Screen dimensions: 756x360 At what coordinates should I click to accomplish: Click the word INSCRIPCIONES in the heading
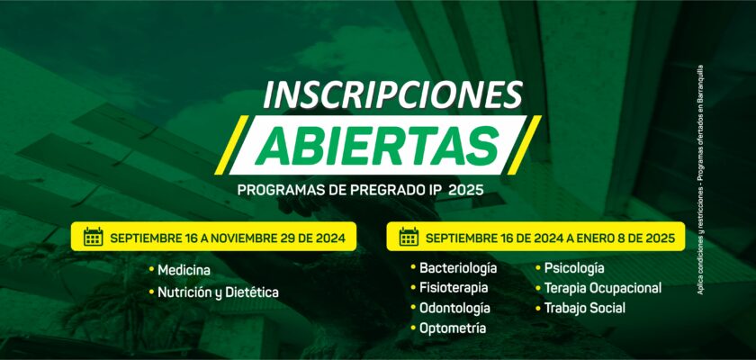392,94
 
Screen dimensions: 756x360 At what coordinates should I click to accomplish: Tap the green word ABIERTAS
376,146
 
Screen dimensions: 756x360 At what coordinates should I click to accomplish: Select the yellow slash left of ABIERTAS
231,145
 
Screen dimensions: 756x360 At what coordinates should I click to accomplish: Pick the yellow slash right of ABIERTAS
524,145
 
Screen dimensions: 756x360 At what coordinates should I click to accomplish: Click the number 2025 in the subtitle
466,190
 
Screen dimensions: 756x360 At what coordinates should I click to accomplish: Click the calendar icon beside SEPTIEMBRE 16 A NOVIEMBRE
93,237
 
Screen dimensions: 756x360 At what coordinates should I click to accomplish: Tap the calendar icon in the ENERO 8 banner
409,237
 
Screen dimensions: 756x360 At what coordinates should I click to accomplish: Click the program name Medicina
184,270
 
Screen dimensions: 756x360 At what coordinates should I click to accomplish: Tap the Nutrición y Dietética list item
218,292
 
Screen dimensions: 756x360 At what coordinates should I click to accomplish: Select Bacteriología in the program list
458,267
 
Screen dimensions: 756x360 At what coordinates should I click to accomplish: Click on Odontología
454,308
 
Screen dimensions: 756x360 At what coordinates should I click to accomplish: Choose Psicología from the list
574,267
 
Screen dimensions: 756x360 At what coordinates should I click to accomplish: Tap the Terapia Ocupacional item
603,288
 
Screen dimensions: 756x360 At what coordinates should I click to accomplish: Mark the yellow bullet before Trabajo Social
538,308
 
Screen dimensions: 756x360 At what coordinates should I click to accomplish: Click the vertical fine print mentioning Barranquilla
700,180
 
